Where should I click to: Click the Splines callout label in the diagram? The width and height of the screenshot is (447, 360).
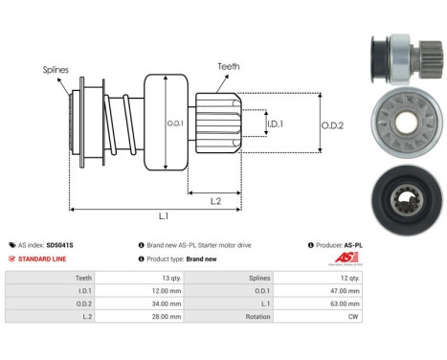click(x=54, y=70)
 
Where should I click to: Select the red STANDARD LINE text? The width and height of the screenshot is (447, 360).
click(x=41, y=259)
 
